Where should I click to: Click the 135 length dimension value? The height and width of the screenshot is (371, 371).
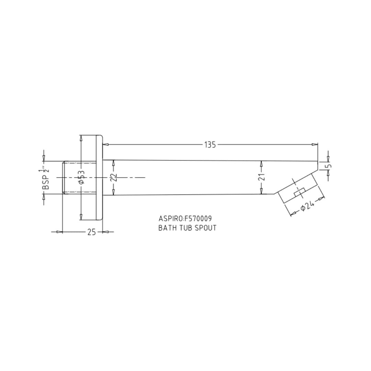(x=210, y=145)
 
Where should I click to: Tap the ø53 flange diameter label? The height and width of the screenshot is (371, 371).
(x=81, y=177)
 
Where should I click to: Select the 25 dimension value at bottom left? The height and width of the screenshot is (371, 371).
(x=92, y=232)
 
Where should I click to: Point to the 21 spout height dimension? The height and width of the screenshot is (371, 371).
(x=261, y=177)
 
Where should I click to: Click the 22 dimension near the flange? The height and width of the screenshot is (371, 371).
(x=114, y=178)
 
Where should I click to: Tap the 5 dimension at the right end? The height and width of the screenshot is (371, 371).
(x=328, y=166)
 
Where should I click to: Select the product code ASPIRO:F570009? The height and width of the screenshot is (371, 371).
(x=185, y=218)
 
